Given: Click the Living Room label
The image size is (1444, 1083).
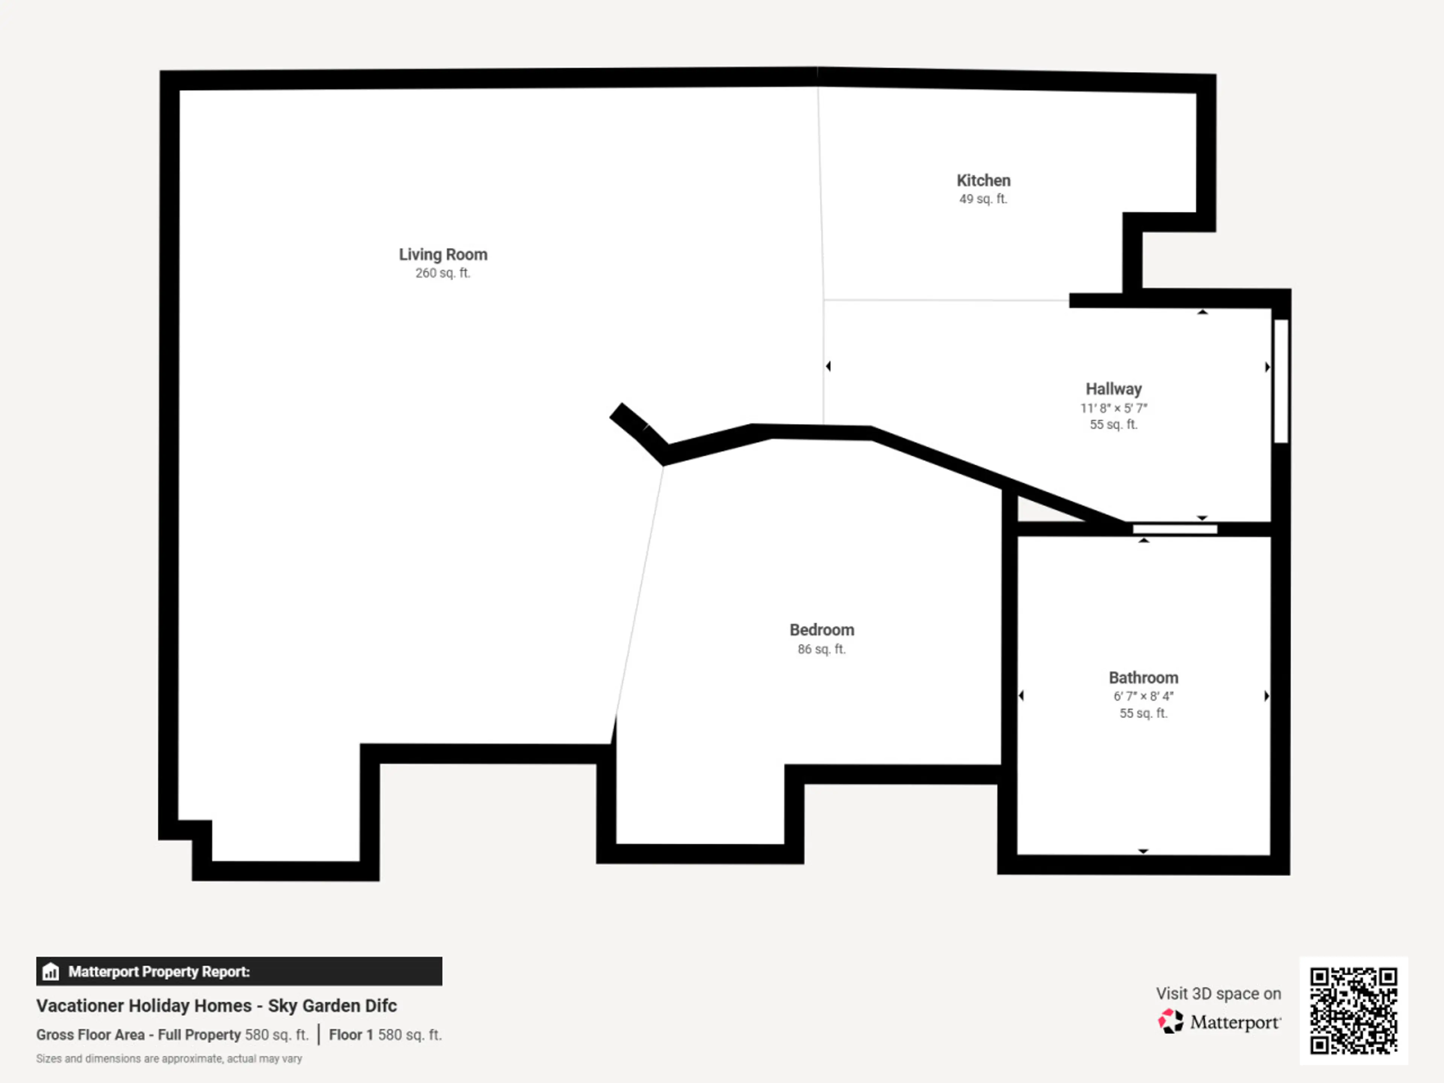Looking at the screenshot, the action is click(x=443, y=255).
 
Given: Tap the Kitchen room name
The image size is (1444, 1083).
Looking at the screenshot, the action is click(x=983, y=181).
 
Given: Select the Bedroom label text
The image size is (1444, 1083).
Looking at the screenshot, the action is click(x=822, y=630).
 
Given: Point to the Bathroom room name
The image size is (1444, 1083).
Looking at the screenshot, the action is click(x=1143, y=678).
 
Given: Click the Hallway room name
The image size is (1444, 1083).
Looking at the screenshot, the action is click(x=1114, y=389).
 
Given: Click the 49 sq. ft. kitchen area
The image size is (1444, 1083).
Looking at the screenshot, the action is click(x=983, y=199).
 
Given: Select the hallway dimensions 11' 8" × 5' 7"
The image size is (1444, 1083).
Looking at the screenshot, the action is click(x=1114, y=408).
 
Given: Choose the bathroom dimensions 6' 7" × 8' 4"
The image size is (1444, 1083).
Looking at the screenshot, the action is click(x=1143, y=696).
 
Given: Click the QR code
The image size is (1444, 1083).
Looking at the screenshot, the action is click(x=1353, y=1010).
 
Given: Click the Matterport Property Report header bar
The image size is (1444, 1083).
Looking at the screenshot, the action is click(x=239, y=971).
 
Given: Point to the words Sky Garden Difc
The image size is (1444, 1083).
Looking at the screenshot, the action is click(x=332, y=1006).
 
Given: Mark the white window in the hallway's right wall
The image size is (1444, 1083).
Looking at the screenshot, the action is click(x=1281, y=381).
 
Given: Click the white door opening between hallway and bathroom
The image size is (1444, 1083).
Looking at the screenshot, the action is click(x=1174, y=529).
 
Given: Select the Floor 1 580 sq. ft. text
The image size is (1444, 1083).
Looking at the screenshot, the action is click(x=385, y=1035).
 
